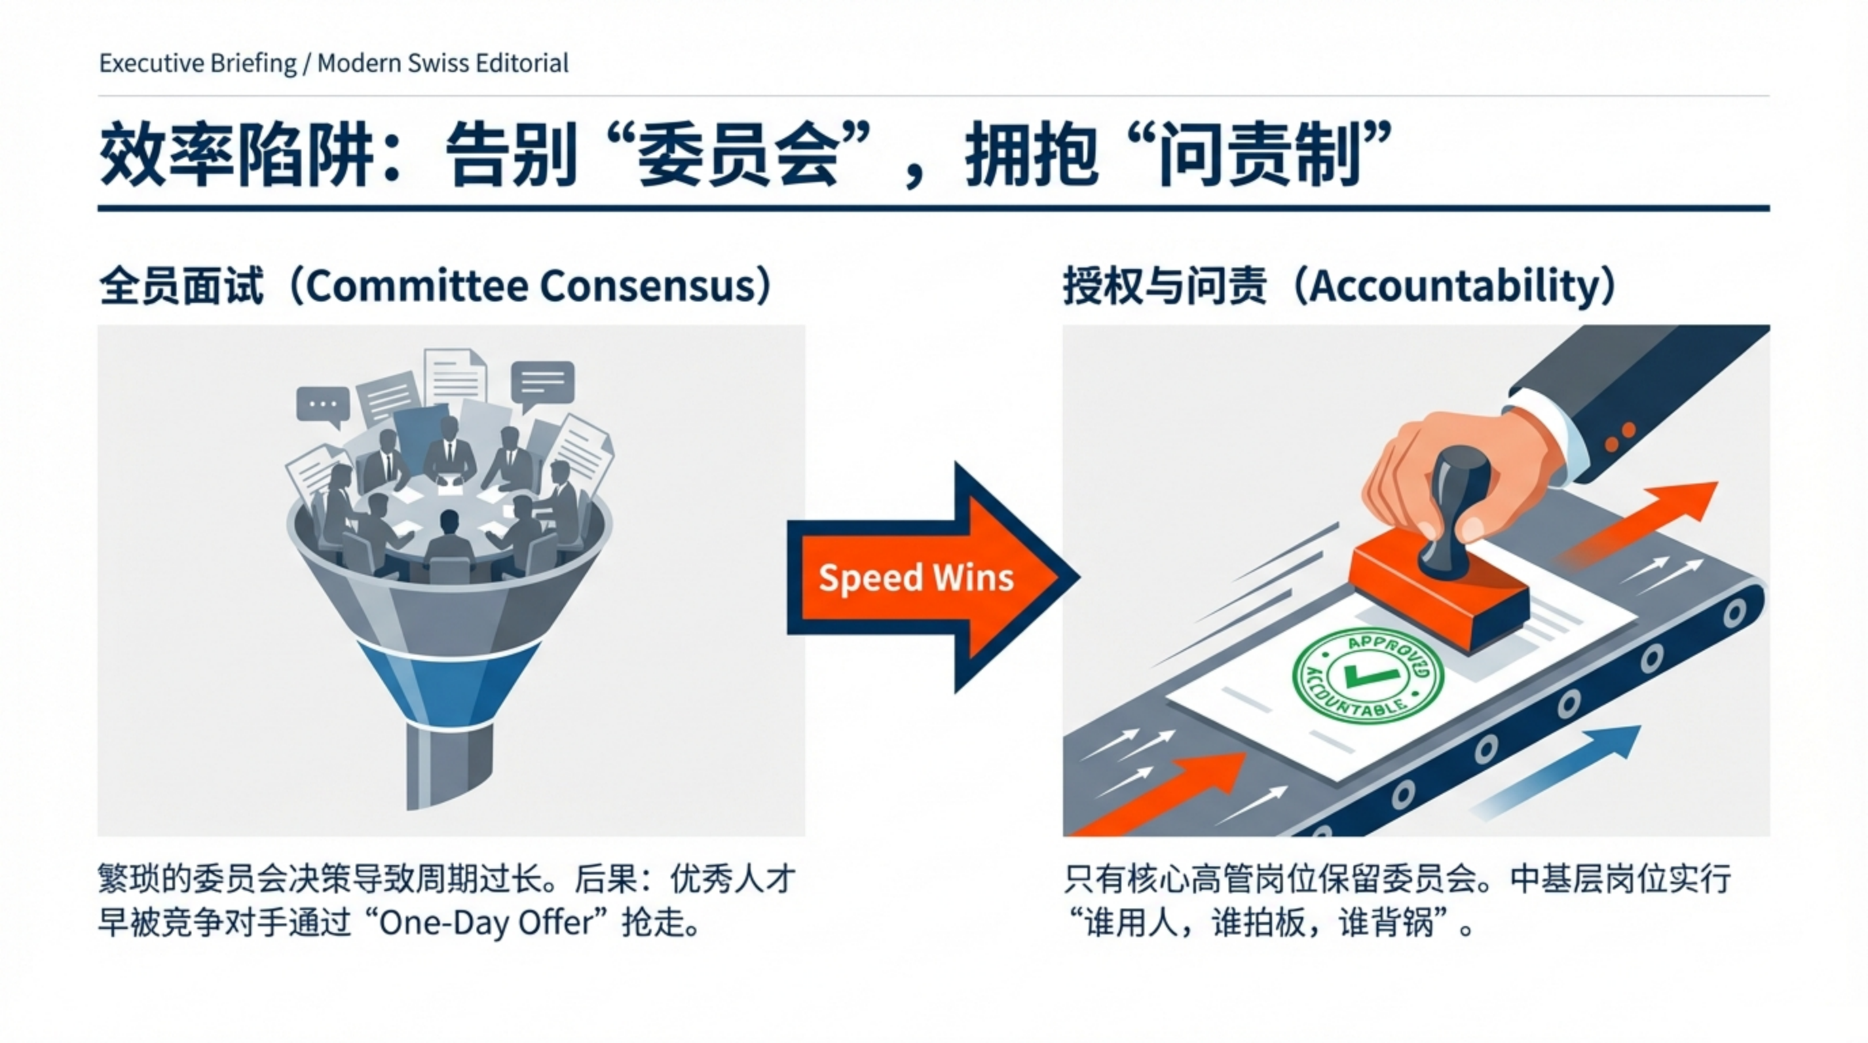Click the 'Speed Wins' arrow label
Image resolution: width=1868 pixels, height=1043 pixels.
point(916,578)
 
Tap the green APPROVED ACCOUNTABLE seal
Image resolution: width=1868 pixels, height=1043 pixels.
point(1368,676)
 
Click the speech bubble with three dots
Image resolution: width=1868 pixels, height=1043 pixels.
point(322,406)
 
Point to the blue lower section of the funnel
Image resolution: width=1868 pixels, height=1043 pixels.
point(449,682)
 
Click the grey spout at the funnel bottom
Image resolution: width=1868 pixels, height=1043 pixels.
point(449,765)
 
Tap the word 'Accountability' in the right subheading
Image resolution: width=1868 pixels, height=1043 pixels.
point(1453,287)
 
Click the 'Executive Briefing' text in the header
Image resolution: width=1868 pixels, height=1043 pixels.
point(198,64)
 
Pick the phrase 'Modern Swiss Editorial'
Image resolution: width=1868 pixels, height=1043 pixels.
point(443,63)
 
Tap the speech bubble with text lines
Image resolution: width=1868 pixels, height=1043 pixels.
point(542,384)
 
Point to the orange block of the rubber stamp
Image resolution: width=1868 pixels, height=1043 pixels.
point(1440,591)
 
